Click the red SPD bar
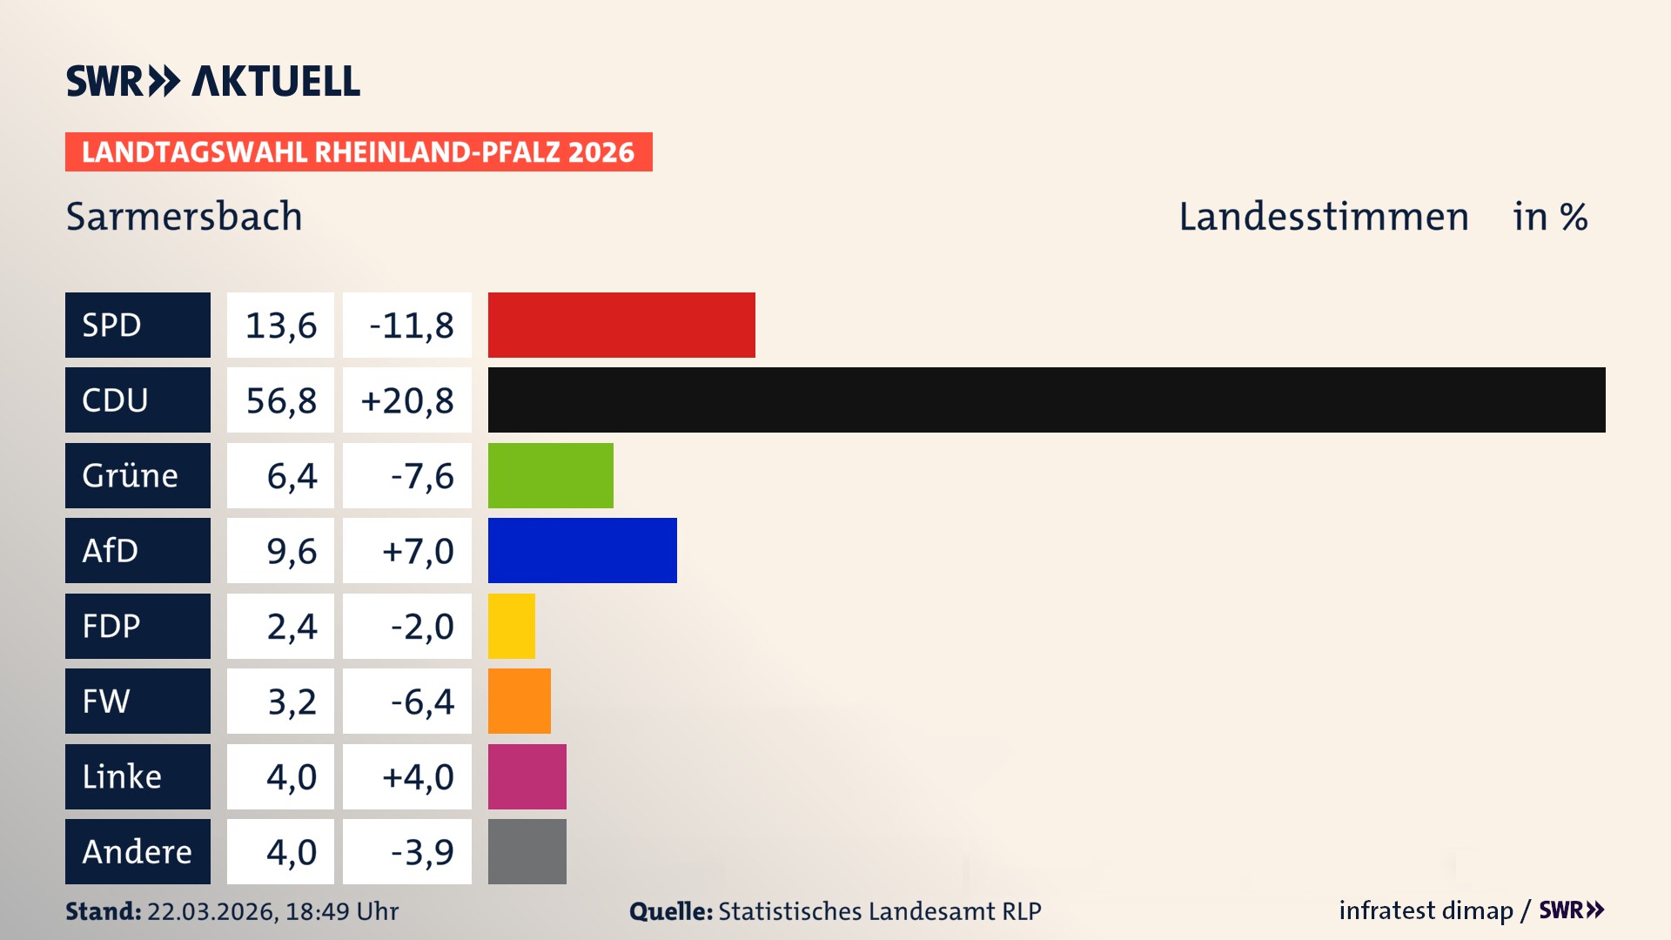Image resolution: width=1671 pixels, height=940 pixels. [621, 325]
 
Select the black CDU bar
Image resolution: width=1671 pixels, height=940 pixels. [1046, 399]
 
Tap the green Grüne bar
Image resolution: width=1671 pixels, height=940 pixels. [550, 475]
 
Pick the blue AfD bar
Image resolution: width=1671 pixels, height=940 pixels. [582, 550]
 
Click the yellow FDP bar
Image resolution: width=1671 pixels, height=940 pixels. [511, 626]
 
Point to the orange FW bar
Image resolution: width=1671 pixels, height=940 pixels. [519, 701]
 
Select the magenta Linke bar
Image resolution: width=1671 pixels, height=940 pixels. [527, 776]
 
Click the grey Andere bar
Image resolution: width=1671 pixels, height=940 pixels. [527, 851]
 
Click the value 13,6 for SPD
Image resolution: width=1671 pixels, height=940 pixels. [280, 325]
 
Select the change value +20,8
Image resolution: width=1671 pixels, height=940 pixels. [406, 399]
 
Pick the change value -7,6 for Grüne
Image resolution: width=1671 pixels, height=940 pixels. [421, 475]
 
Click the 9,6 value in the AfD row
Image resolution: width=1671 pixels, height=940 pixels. [291, 550]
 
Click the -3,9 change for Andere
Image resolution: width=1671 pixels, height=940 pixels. [421, 851]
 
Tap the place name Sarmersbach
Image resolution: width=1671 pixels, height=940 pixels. [184, 216]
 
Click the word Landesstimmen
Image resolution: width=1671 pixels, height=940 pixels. [1323, 216]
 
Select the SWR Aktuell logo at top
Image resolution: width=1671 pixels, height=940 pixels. [212, 81]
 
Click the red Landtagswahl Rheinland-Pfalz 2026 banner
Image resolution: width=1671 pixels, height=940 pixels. [358, 151]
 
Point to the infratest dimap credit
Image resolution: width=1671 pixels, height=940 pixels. [1425, 910]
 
